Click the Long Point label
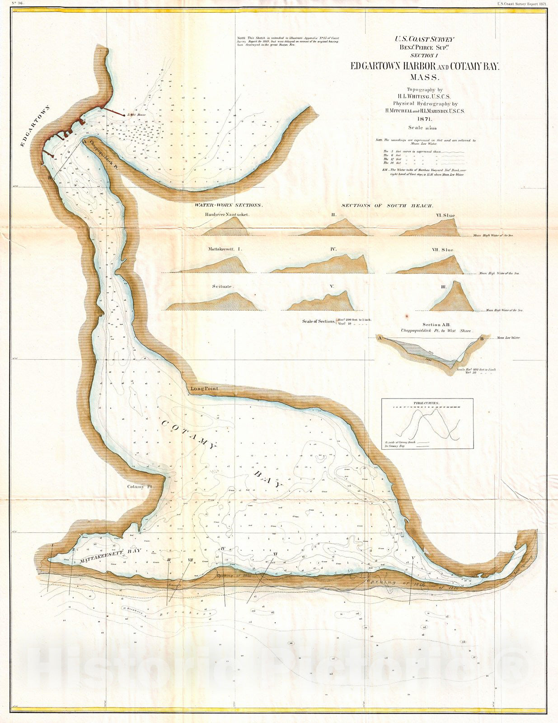(204, 389)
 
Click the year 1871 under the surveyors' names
(424, 118)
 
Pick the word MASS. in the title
(424, 77)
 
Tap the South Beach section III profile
(452, 298)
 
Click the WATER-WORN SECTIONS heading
(228, 205)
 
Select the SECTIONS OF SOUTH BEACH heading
(387, 206)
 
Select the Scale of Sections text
(319, 321)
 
